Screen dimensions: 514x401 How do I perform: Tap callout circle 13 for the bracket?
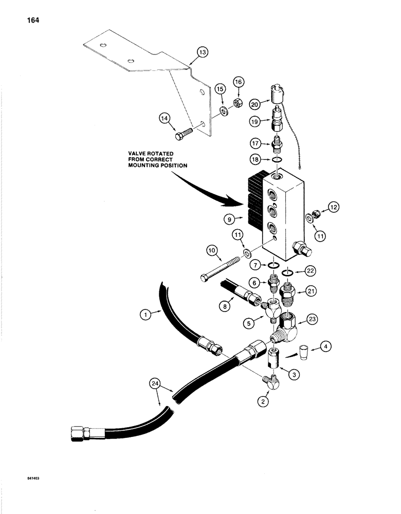click(x=202, y=52)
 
